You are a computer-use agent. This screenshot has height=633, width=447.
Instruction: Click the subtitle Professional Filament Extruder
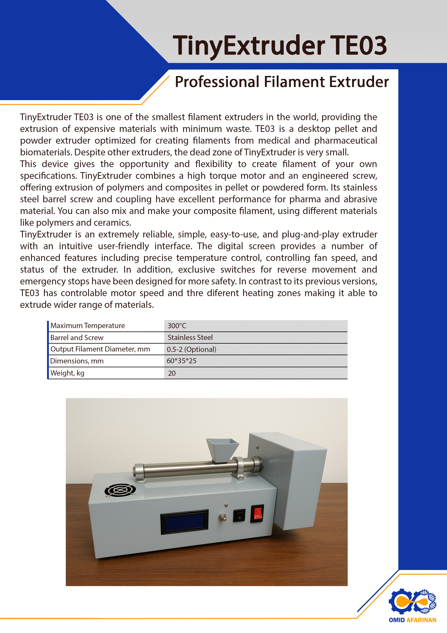click(282, 82)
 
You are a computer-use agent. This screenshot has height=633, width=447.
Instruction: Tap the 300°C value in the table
click(177, 326)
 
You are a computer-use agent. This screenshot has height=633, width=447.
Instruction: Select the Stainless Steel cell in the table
click(190, 337)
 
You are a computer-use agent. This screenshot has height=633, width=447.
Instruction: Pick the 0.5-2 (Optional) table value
click(191, 349)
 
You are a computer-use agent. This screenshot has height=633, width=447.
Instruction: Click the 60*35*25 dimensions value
click(182, 361)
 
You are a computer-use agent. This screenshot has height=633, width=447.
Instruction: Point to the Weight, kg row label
click(67, 373)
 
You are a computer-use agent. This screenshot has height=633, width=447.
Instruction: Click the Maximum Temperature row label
click(88, 326)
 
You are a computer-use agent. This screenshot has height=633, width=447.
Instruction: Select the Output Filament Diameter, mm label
click(100, 349)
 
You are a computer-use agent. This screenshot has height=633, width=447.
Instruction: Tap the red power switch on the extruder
click(257, 513)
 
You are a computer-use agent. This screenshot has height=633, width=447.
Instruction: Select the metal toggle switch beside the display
click(222, 517)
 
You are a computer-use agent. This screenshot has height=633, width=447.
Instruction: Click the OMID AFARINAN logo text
click(412, 620)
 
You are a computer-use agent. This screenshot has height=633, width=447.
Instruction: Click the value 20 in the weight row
click(172, 373)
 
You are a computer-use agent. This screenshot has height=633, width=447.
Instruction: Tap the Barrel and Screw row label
click(77, 337)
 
